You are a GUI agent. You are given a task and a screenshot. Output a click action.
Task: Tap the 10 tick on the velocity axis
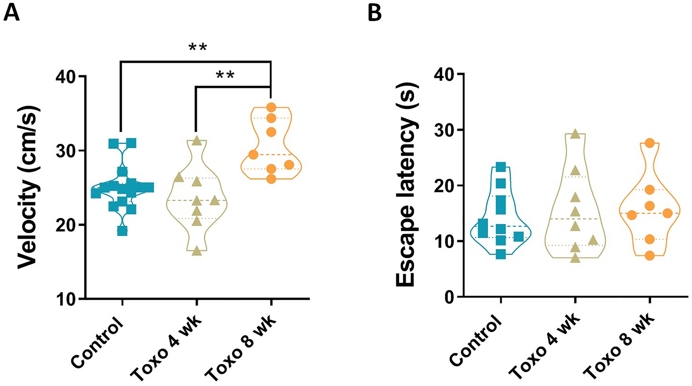coord(65,299)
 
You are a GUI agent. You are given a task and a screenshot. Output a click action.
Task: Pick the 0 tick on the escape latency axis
coord(449,297)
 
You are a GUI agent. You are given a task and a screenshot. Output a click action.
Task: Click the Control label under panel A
coord(98,343)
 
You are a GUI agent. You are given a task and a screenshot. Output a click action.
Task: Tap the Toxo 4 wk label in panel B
coord(545,347)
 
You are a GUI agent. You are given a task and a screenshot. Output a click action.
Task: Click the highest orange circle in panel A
coord(271,107)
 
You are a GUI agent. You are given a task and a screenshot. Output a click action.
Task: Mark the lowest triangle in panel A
coord(196,251)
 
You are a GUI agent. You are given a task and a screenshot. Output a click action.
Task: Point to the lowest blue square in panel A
coord(122,231)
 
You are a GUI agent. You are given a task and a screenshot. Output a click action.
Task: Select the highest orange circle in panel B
coord(649,143)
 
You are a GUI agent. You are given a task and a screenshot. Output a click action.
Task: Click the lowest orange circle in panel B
coord(649,256)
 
